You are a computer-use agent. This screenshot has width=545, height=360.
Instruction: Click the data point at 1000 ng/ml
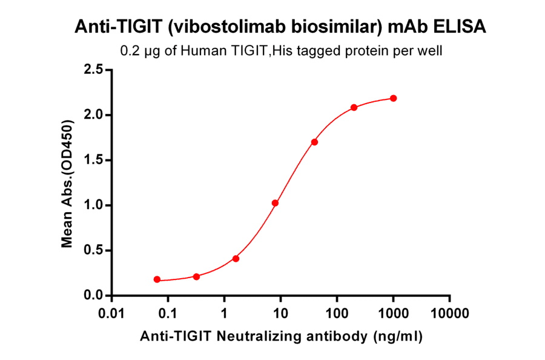[393, 98]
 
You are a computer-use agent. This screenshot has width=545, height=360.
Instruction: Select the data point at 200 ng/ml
[354, 108]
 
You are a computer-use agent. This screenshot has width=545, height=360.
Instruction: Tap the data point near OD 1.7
[314, 142]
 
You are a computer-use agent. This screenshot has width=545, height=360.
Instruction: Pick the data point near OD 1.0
[275, 203]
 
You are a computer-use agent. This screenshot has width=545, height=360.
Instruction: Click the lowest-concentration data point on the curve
[157, 279]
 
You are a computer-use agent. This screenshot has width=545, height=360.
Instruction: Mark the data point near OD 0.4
[236, 259]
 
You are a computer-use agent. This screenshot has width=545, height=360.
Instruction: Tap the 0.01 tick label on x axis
[111, 313]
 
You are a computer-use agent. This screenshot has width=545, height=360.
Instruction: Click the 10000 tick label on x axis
[449, 313]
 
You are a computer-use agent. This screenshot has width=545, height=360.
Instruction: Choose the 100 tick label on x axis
[337, 313]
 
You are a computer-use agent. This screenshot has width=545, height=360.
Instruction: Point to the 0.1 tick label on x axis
[168, 313]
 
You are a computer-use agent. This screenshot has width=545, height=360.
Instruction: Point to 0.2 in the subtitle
[129, 51]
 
